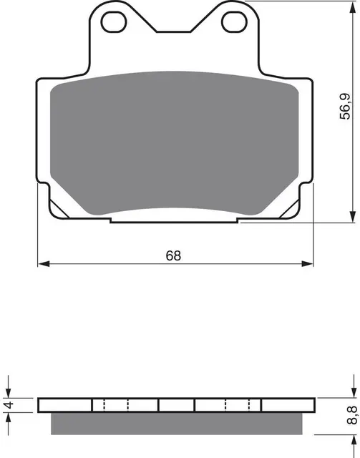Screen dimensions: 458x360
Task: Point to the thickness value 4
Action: click(x=8, y=406)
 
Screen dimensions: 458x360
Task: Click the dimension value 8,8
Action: click(x=350, y=416)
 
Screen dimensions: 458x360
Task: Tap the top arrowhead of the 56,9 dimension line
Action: click(x=354, y=6)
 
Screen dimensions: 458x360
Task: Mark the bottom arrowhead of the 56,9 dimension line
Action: click(x=354, y=219)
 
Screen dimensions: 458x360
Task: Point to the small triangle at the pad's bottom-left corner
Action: click(x=61, y=213)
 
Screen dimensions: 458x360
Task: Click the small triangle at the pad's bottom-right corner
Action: click(x=290, y=213)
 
